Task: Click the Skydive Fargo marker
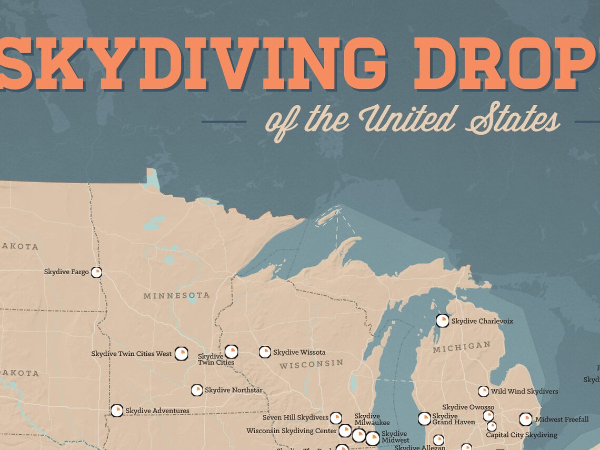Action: coord(96,272)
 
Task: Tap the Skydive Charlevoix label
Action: coord(482,321)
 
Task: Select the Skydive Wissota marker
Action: coord(265,352)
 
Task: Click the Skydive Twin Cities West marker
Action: coord(182,353)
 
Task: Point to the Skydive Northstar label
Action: coord(233,390)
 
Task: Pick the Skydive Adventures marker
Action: coord(117,411)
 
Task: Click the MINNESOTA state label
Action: coord(176,296)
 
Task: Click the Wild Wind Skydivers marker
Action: coord(483,391)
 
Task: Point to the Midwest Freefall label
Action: coord(562,419)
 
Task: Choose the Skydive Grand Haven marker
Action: coord(424,419)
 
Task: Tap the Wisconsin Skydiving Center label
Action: coord(291,431)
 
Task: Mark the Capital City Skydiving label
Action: coord(521,435)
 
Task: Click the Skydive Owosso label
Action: coord(468,407)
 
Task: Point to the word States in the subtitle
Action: coord(512,121)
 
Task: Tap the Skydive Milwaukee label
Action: coord(372,419)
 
